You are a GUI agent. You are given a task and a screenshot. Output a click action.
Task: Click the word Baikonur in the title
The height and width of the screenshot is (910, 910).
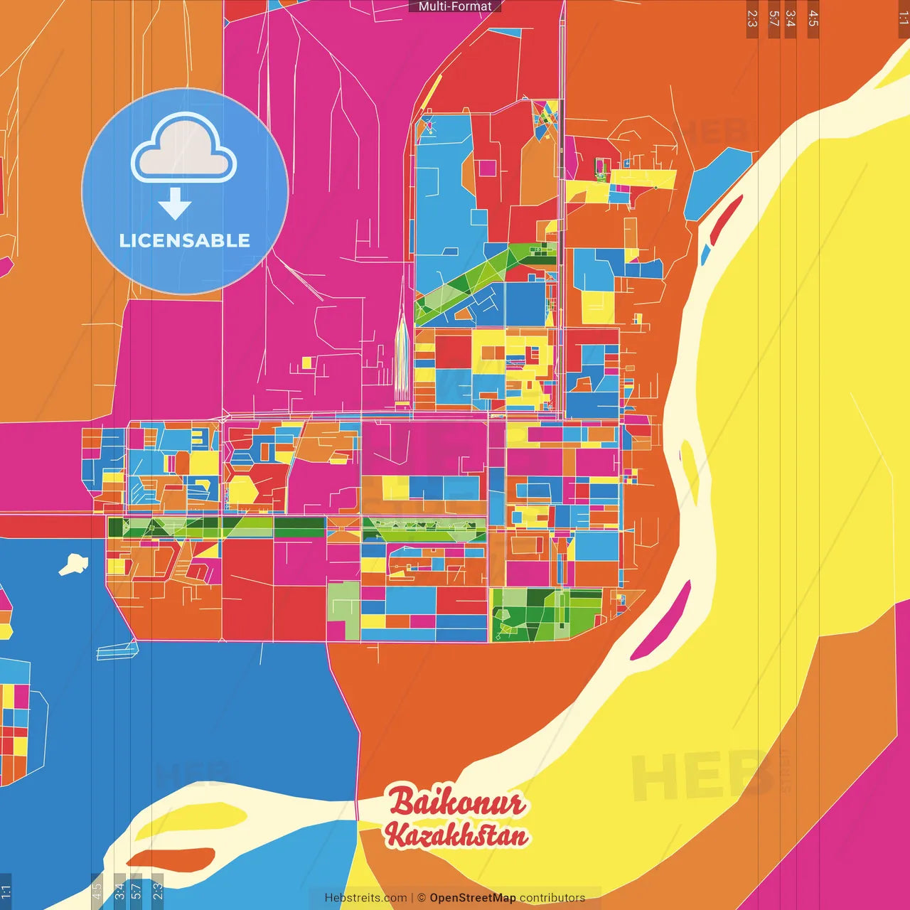tap(457, 803)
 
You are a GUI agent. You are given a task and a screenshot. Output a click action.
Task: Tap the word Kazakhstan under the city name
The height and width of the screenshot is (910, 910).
tap(457, 835)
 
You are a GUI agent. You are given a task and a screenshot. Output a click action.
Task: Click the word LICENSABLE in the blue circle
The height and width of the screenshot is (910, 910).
tap(185, 240)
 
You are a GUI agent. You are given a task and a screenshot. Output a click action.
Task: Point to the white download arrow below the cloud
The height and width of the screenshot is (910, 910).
tap(175, 204)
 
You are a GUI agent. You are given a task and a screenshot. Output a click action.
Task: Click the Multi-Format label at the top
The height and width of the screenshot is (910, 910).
tap(455, 6)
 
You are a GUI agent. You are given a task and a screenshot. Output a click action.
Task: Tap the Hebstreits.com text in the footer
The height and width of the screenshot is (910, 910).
tap(365, 898)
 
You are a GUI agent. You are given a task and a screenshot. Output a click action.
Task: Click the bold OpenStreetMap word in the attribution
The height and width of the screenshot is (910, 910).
tap(472, 898)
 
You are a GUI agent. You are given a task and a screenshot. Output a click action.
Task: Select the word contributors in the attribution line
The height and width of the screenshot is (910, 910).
tap(552, 898)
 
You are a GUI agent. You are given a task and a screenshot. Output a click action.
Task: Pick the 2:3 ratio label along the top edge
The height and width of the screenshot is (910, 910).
tap(752, 18)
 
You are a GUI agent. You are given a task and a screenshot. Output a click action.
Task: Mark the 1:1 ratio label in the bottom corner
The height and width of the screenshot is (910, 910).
tap(6, 891)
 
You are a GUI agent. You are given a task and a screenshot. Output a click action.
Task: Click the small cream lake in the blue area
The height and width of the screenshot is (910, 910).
tap(74, 564)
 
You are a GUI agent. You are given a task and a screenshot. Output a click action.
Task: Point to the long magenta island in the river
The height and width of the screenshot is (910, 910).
tap(661, 621)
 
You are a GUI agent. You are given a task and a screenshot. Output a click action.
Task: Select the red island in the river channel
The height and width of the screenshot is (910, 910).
tap(727, 216)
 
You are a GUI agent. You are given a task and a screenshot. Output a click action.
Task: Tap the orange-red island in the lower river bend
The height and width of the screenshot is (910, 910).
tap(171, 859)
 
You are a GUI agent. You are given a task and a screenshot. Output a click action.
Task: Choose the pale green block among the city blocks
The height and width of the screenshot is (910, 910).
tap(343, 609)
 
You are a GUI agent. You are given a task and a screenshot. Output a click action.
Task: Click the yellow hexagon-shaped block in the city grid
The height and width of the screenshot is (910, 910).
tap(242, 490)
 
